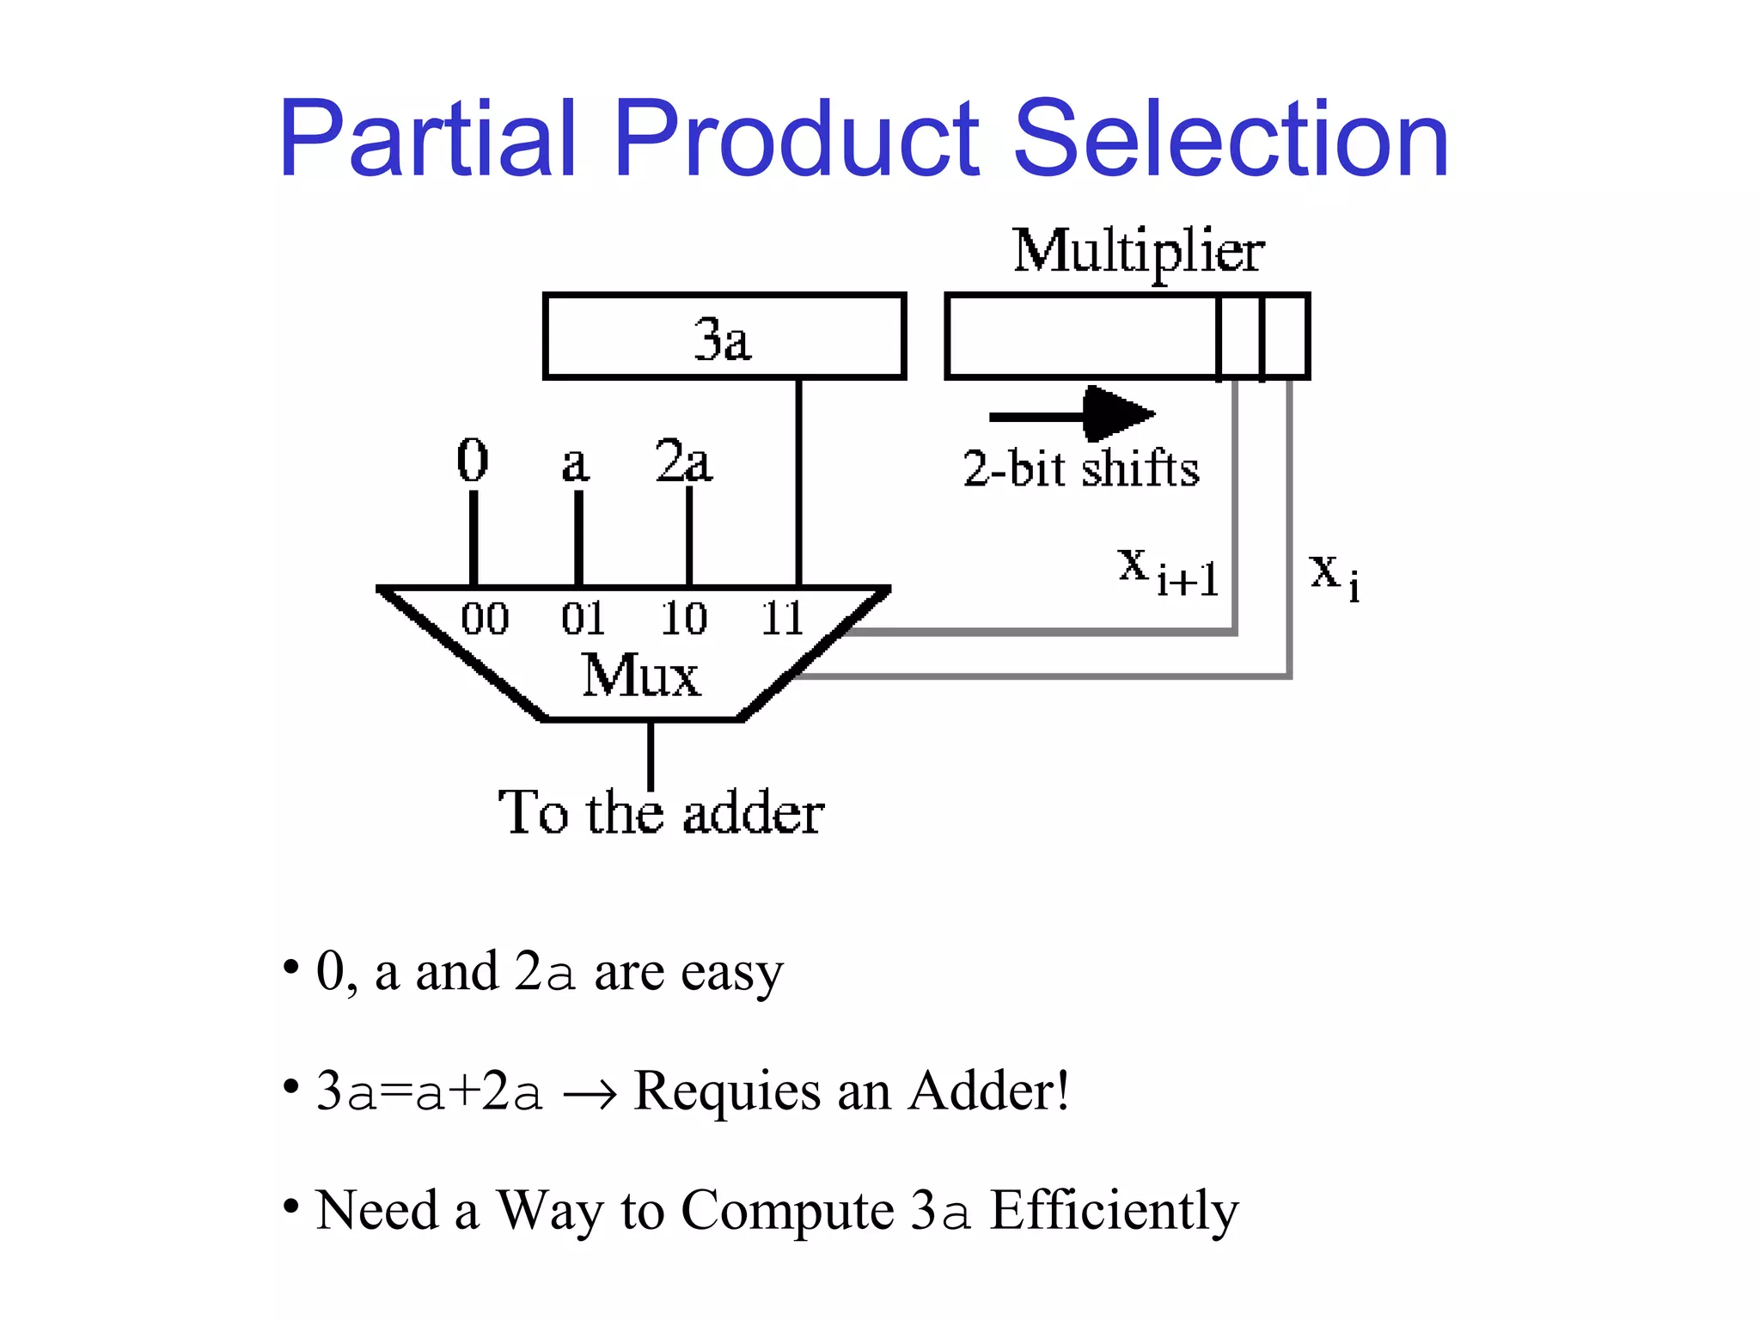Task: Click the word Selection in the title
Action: (1231, 139)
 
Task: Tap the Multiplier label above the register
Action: (1138, 251)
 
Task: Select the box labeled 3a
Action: (724, 336)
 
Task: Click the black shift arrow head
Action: (1117, 414)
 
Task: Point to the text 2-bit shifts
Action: (1080, 468)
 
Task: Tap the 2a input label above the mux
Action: (683, 461)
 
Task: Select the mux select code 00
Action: (485, 619)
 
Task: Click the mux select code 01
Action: (584, 619)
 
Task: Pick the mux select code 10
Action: (683, 619)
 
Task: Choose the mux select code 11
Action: (781, 619)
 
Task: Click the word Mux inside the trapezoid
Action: (640, 675)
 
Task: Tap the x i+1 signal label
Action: (1168, 571)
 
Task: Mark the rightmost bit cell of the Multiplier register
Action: (1286, 336)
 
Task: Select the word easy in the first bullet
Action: (732, 973)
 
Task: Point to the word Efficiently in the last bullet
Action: (1114, 1211)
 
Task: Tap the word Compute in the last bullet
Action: (787, 1211)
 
